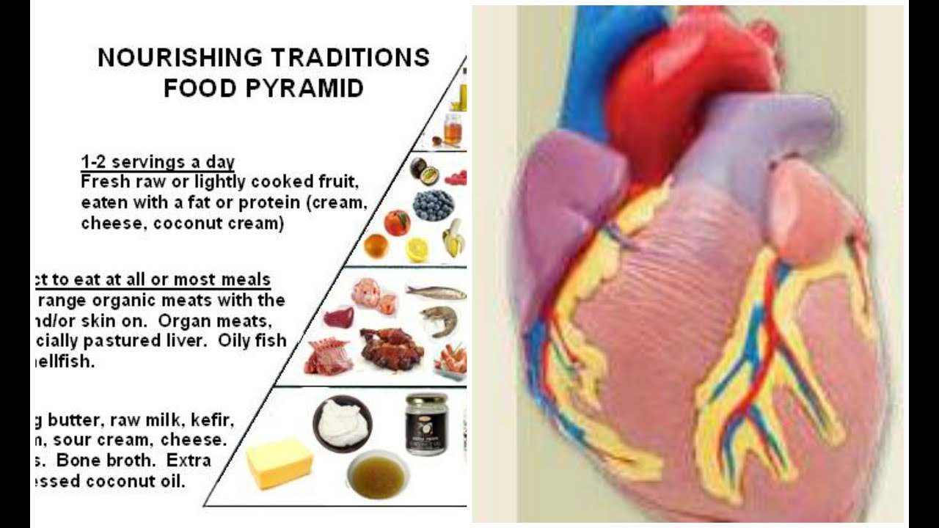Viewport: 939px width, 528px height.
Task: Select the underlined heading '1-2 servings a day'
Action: click(x=158, y=162)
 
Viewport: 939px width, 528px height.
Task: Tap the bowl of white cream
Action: click(x=342, y=422)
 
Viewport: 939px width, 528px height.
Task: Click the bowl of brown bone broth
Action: click(x=377, y=474)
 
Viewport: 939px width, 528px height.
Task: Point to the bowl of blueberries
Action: click(x=433, y=205)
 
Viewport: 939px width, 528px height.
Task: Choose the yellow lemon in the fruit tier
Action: click(x=417, y=249)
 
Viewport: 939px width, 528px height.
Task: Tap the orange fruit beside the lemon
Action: click(x=376, y=246)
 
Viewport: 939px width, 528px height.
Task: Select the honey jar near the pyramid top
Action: click(x=453, y=128)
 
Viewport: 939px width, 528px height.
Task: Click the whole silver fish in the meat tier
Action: click(x=436, y=292)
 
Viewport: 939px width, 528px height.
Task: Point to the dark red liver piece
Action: click(x=338, y=317)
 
